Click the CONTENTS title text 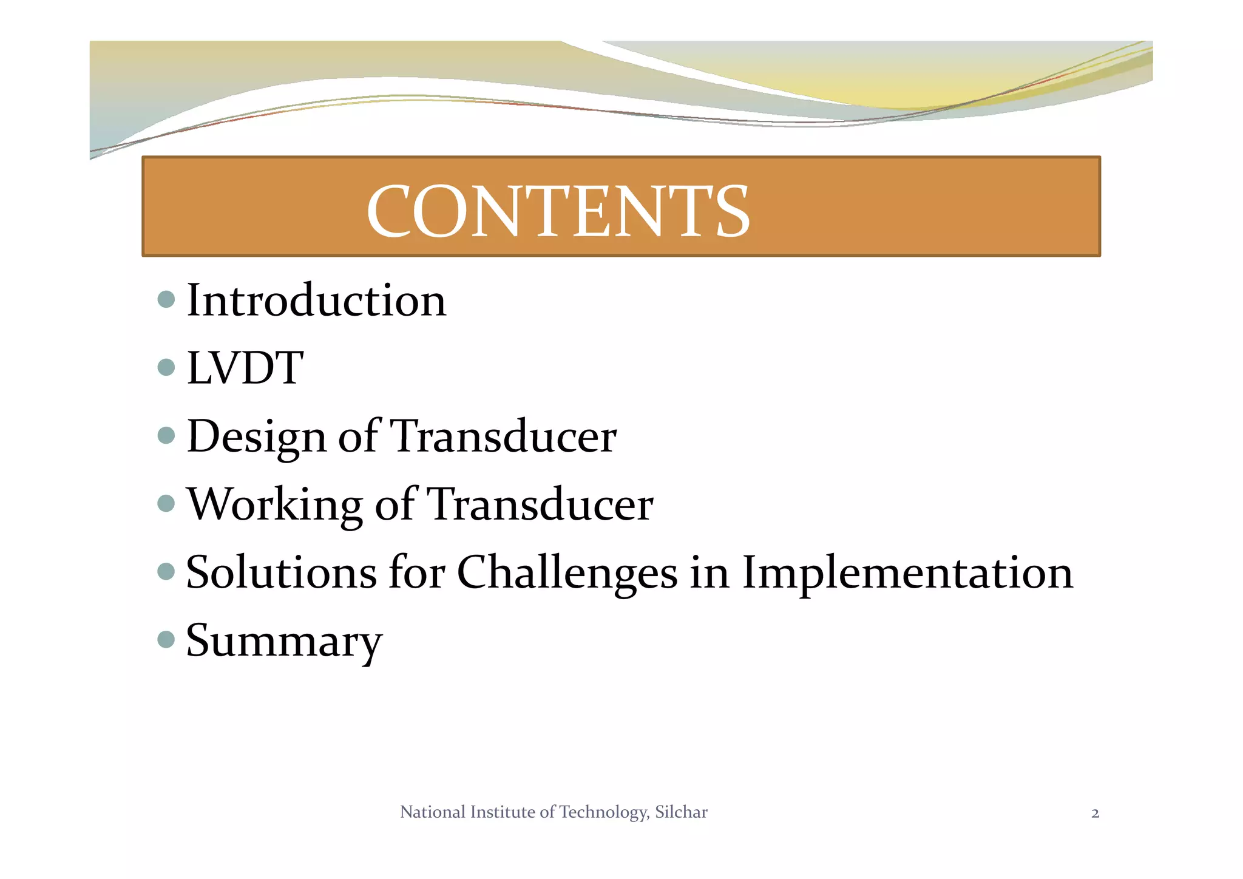(x=558, y=211)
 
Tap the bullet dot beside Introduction (x=166, y=299)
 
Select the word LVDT (x=245, y=368)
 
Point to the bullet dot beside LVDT (x=166, y=367)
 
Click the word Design (x=257, y=437)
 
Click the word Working (x=274, y=504)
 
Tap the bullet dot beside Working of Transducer (x=166, y=503)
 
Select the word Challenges (x=567, y=573)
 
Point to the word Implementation (x=907, y=573)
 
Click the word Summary (x=284, y=641)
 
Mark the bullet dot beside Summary (x=166, y=639)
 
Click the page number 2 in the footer (x=1095, y=813)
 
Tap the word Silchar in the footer (x=681, y=812)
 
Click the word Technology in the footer (x=603, y=813)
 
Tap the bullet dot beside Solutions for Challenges (x=166, y=571)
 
